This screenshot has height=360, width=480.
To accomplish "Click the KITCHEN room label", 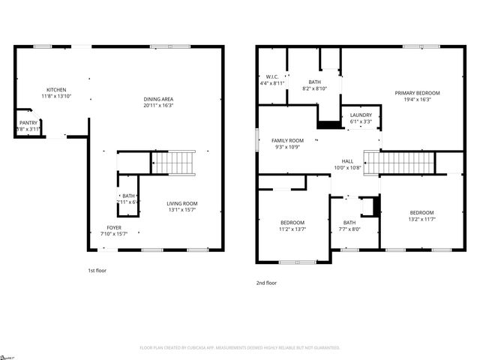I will (x=56, y=90).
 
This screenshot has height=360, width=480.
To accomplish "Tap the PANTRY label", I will (x=28, y=123).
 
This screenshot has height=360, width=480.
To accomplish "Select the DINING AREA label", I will (x=158, y=100).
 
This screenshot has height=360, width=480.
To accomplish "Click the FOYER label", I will (x=113, y=227).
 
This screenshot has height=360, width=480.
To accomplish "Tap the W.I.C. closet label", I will (x=273, y=77).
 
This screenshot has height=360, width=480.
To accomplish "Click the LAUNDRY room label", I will (x=361, y=115).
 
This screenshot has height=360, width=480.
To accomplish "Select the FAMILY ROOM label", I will (x=287, y=141).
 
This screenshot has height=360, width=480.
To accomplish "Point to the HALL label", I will (x=348, y=161).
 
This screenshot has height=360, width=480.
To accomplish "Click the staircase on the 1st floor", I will (x=181, y=162).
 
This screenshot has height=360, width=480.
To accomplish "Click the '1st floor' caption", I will (x=97, y=270).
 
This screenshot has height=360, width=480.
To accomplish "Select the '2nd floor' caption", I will (x=266, y=283).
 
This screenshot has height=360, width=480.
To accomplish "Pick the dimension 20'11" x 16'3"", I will (x=158, y=106).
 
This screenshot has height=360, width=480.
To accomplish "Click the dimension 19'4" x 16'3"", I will (x=417, y=99).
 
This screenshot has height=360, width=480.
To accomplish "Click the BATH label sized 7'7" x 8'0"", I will (x=349, y=222).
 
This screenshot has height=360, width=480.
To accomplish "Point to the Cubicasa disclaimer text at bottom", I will (x=240, y=348).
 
